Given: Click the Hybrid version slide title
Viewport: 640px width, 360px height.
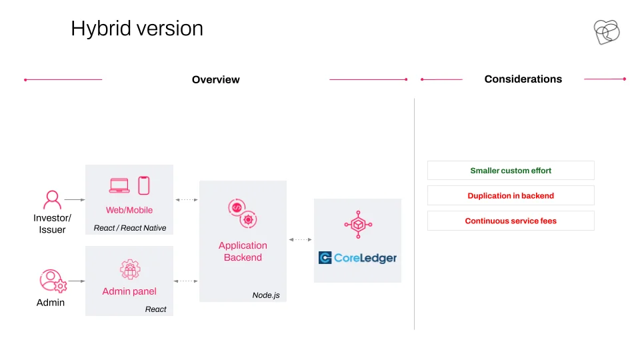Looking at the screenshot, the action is point(137,29).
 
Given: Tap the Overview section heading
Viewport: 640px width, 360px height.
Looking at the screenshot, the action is point(215,79).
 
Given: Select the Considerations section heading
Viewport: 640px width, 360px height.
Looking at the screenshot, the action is point(523,79).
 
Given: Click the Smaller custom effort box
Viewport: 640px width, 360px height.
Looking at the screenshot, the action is point(511,171).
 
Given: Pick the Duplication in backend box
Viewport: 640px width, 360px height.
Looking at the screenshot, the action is point(511,195).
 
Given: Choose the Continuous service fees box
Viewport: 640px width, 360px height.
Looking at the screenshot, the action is point(511,221).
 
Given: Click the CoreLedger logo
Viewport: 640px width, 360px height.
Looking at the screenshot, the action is point(357,258).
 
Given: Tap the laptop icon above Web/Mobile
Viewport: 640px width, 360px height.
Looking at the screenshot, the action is point(119,186).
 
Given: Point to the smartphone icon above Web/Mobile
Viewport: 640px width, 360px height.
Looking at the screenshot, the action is point(144,186).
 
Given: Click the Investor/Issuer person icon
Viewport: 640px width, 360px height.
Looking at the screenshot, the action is point(52,199).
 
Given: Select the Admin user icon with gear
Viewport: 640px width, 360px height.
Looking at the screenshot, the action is point(53,281).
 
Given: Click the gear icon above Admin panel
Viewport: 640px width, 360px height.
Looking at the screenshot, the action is point(130,269).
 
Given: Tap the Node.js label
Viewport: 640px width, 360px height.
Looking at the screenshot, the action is point(266,295).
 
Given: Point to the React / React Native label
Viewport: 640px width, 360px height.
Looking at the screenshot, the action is point(130,228).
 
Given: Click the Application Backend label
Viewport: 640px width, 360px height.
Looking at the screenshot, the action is point(243,251).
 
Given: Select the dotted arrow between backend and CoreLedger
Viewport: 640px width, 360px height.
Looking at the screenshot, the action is point(301,239).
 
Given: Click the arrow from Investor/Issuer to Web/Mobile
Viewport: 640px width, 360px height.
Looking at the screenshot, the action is point(75,199).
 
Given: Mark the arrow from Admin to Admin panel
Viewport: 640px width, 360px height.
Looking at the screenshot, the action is point(77,281).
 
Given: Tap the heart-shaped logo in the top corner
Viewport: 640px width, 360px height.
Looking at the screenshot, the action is point(607,32).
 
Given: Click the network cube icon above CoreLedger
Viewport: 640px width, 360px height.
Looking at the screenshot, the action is point(358,224).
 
